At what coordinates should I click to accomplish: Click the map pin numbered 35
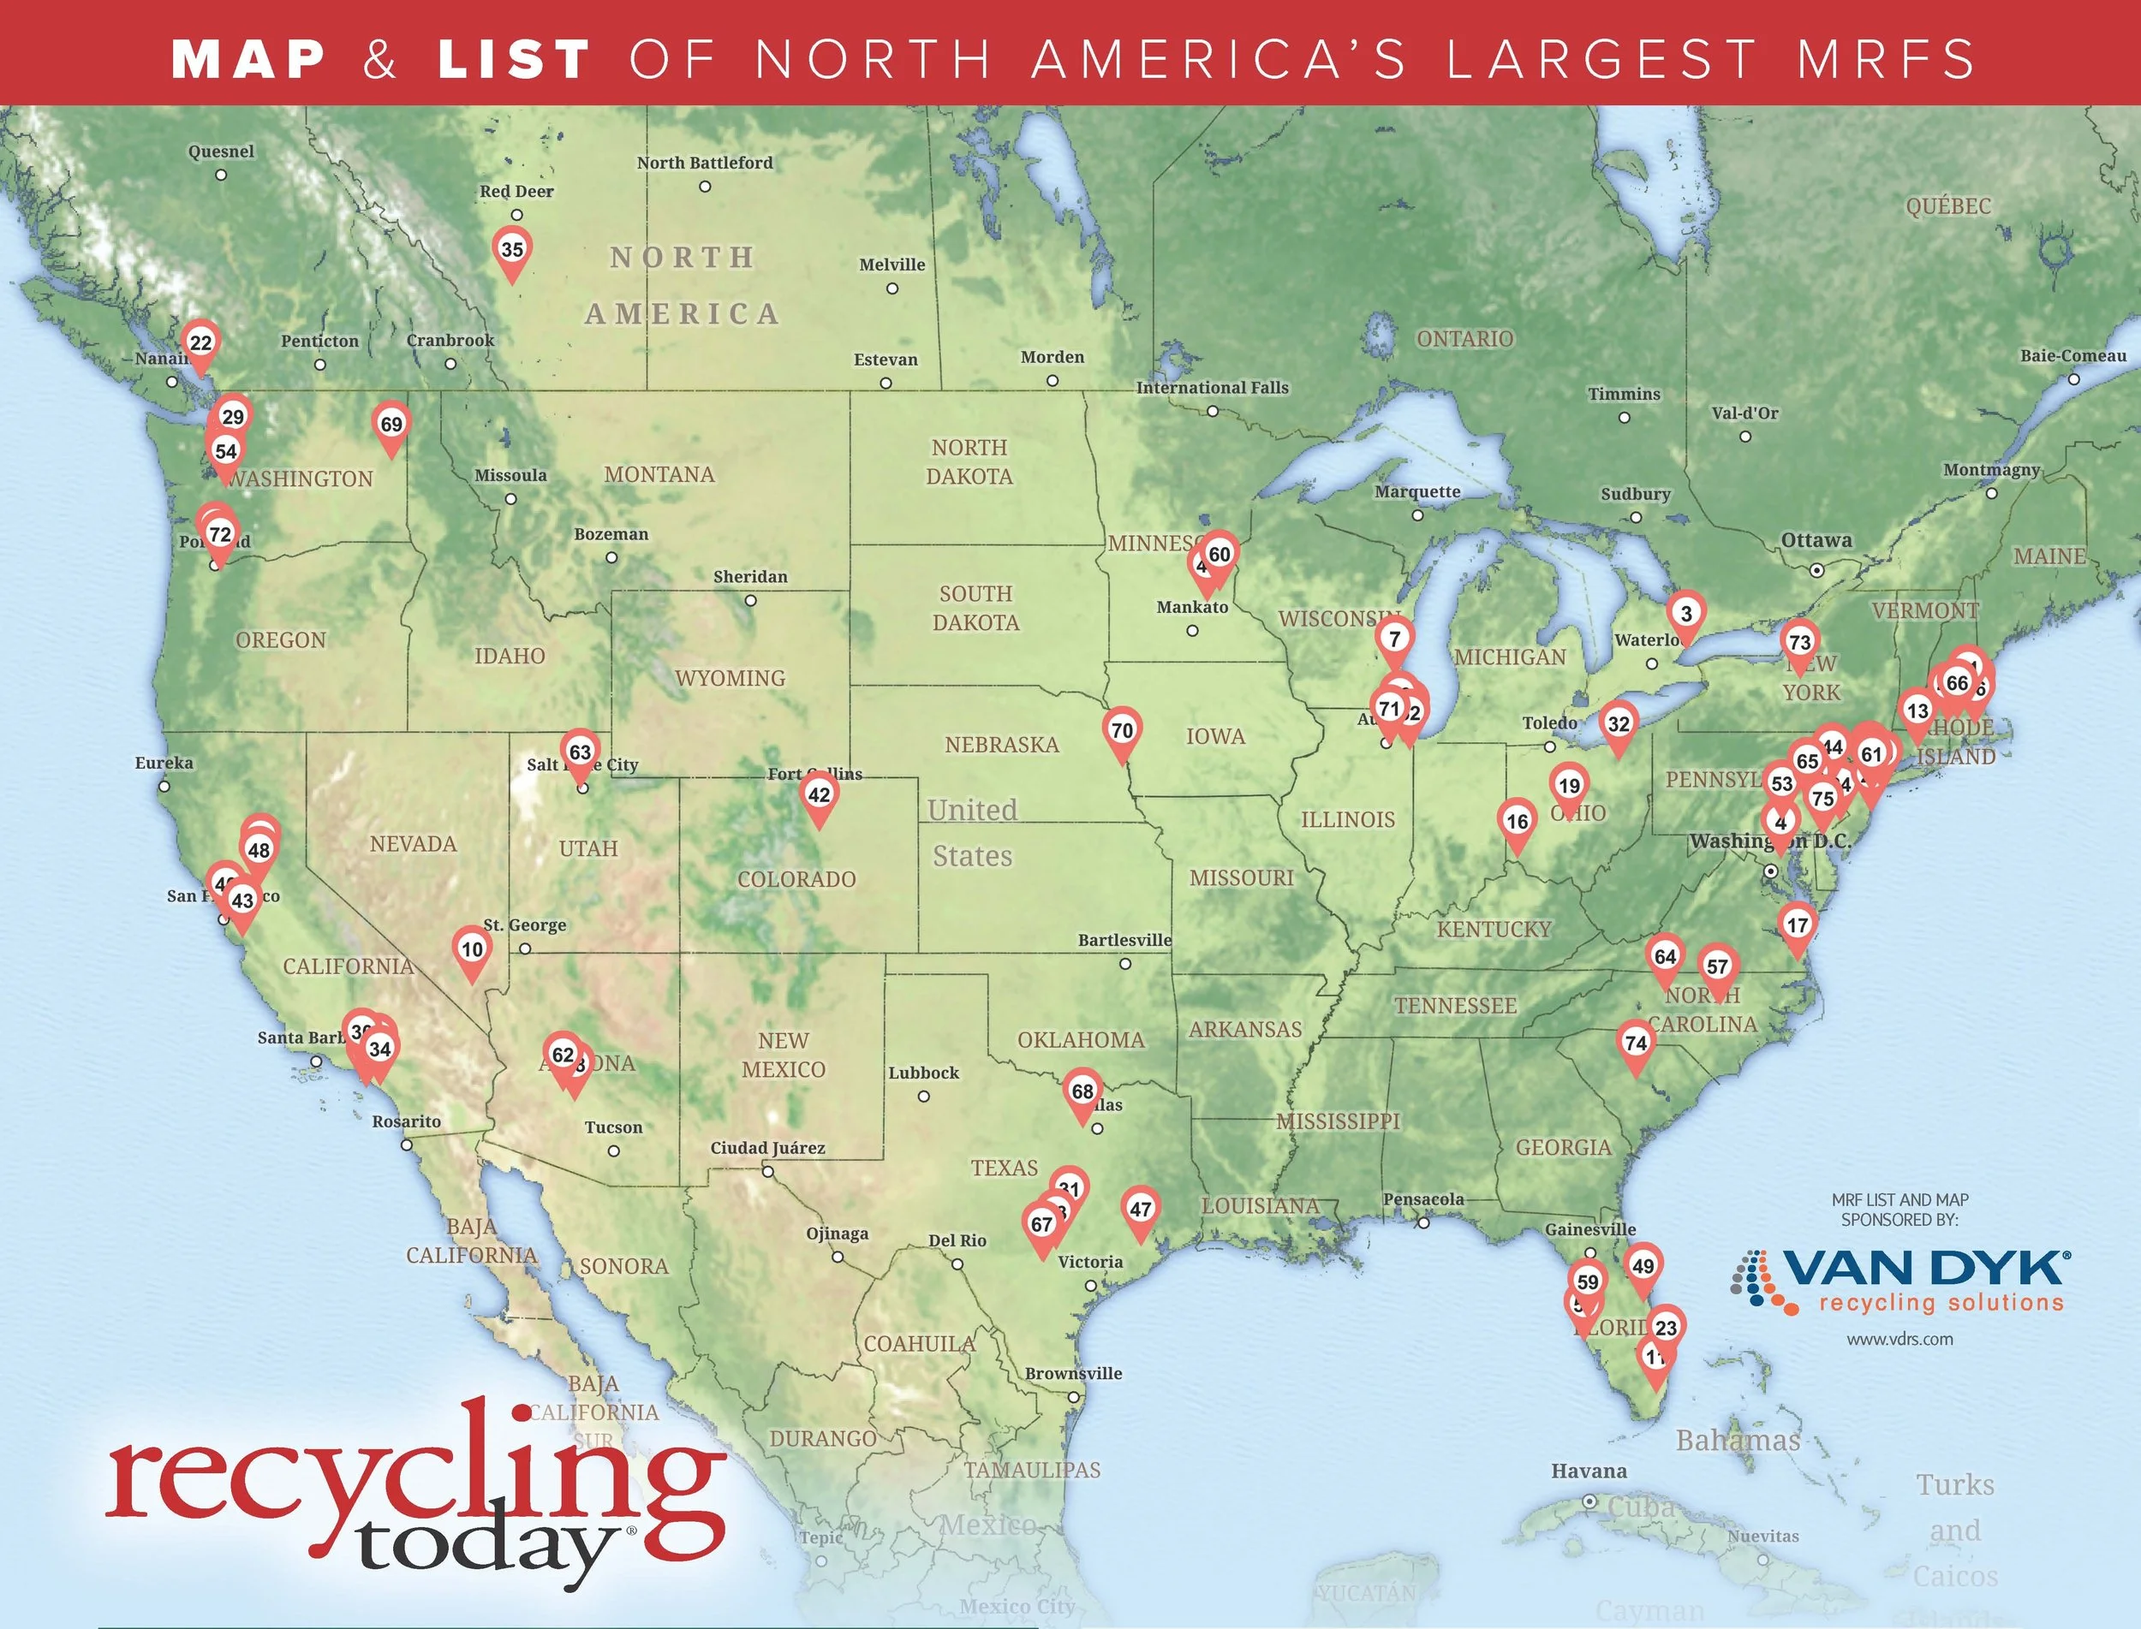(x=511, y=250)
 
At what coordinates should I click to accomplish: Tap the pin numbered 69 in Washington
(x=391, y=425)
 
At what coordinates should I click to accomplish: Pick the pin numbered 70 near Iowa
(x=1121, y=731)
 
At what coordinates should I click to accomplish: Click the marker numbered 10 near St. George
(x=472, y=950)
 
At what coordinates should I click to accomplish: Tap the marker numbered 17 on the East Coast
(x=1797, y=926)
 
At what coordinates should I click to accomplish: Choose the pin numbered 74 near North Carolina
(x=1636, y=1043)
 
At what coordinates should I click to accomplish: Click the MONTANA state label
(x=659, y=474)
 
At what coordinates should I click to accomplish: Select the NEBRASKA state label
(x=1002, y=745)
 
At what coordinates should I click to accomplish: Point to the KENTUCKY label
(x=1494, y=929)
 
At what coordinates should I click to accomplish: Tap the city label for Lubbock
(x=923, y=1073)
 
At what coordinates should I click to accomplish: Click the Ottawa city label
(x=1816, y=540)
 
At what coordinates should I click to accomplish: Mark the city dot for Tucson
(x=614, y=1151)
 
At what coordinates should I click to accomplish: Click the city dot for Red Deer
(x=517, y=215)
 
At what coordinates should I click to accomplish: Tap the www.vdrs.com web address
(x=1899, y=1339)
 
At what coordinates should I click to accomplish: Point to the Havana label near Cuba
(x=1588, y=1471)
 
